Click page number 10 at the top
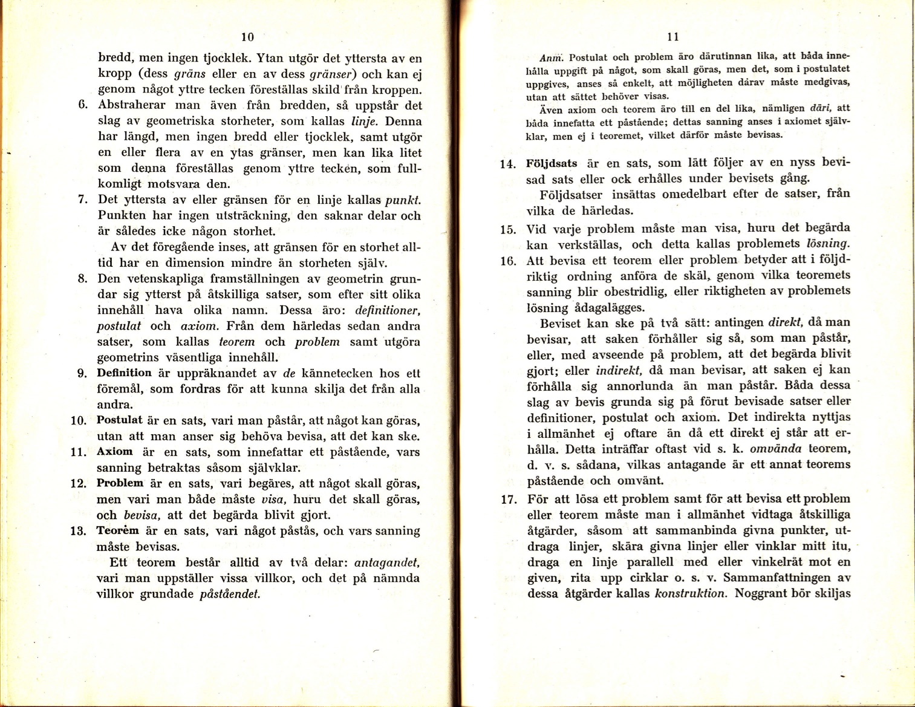tap(247, 36)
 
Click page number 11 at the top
tap(672, 37)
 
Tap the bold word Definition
tap(124, 373)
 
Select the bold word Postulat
tap(120, 420)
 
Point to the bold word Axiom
tap(114, 451)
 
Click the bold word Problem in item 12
tap(120, 483)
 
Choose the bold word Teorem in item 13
tap(118, 530)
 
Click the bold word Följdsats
tap(552, 163)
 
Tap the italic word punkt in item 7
tap(402, 200)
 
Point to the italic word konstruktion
tap(690, 593)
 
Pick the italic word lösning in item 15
tap(828, 244)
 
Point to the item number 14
tap(508, 164)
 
